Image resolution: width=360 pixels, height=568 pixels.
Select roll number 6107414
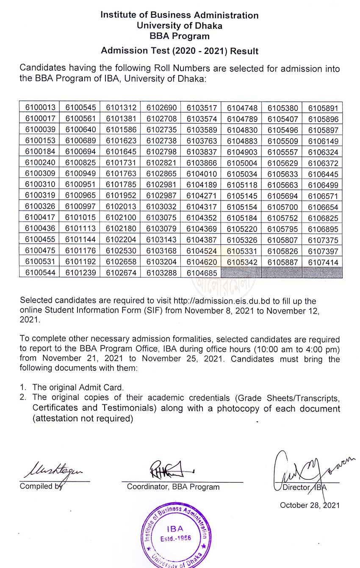coord(323,262)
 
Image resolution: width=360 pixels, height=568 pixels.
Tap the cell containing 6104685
coord(202,273)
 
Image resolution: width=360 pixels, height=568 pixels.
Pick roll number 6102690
coord(161,108)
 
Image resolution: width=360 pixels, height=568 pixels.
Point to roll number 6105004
coord(242,163)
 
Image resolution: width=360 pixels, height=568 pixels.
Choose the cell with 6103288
coord(161,273)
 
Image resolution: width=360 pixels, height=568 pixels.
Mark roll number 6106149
coord(323,141)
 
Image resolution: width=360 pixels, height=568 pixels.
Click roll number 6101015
coord(80,218)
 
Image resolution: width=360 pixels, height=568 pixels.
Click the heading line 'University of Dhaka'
coord(179,25)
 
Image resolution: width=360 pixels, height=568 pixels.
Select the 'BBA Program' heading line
coord(179,36)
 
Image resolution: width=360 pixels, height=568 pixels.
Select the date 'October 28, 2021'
coord(310,505)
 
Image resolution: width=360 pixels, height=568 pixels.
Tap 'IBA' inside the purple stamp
coord(175,529)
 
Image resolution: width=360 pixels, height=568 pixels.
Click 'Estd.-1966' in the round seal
coord(175,538)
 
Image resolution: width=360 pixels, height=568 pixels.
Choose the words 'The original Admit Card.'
coord(78,387)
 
